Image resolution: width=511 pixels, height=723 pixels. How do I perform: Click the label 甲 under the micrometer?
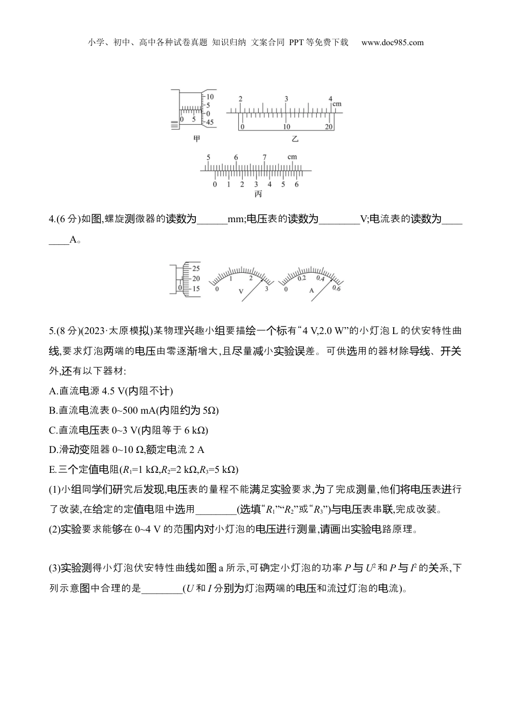point(196,138)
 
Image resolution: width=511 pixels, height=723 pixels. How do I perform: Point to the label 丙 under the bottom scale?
point(258,194)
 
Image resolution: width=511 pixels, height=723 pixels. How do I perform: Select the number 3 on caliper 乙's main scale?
point(286,98)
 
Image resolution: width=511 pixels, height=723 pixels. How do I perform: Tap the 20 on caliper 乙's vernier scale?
point(329,127)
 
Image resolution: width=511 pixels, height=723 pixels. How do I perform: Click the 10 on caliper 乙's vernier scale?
point(286,127)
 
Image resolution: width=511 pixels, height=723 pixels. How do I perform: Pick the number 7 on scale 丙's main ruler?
point(264,157)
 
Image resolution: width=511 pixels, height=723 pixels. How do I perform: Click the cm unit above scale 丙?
point(292,157)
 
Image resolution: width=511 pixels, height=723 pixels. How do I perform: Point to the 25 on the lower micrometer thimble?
point(196,268)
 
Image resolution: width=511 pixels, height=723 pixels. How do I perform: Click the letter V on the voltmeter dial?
point(241,290)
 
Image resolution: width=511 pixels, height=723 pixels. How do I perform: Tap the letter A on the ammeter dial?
point(311,290)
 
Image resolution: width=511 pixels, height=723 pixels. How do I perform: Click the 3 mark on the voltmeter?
point(266,289)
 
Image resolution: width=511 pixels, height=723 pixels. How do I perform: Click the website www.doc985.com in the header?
point(392,43)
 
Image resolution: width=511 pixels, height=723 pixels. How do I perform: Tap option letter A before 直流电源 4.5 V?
point(52,391)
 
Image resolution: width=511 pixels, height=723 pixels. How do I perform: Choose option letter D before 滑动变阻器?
point(52,449)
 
